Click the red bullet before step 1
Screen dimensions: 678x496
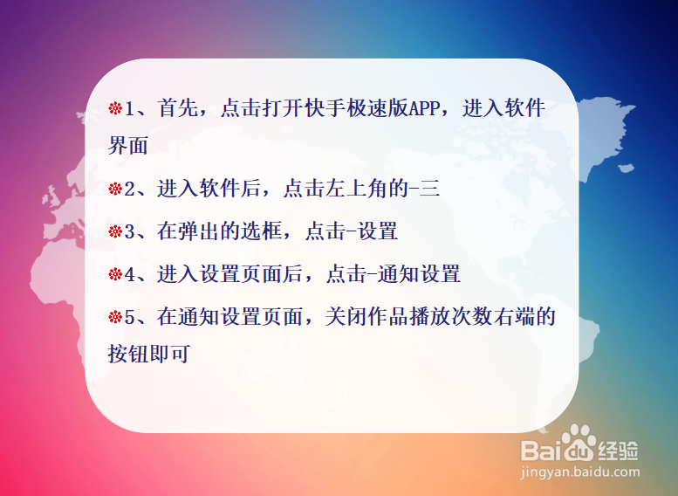(x=115, y=108)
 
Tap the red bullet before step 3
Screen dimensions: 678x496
(x=115, y=231)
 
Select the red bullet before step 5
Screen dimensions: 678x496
(x=115, y=317)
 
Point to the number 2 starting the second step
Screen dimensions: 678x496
(x=130, y=189)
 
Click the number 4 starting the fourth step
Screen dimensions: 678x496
(x=130, y=274)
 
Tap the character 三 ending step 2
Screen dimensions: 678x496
(x=429, y=189)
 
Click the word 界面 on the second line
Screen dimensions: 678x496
(x=128, y=146)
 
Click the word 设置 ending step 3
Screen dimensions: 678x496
(x=378, y=231)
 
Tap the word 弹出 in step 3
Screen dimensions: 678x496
(x=198, y=231)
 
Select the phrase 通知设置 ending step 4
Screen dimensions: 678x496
(x=419, y=274)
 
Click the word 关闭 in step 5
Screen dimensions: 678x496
(x=346, y=317)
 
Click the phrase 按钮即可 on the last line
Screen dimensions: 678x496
(x=148, y=354)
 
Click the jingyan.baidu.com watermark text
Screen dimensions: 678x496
(x=580, y=472)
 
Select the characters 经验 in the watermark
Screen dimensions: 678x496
(x=619, y=451)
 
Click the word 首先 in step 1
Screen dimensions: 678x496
(x=178, y=108)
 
